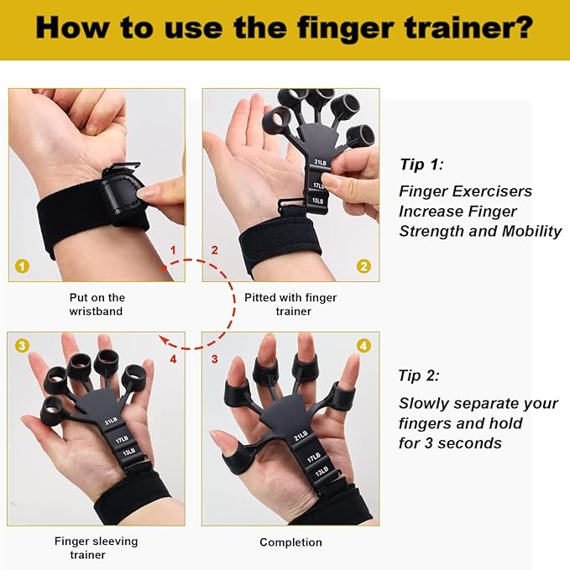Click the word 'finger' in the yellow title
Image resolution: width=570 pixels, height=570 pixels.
point(345,28)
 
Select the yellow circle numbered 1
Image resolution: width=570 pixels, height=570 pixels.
point(22,266)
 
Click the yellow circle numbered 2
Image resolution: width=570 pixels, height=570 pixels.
point(363,266)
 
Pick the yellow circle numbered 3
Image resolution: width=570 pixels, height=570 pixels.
point(22,345)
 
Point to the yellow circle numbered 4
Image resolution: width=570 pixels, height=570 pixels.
point(363,345)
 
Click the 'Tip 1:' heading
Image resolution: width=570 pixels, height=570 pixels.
point(421,165)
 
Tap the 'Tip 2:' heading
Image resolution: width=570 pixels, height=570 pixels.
point(419,375)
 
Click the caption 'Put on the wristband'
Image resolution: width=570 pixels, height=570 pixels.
point(97,304)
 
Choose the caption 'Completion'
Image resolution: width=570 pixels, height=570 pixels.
point(290,542)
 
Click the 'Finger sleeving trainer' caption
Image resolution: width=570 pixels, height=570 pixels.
point(96,548)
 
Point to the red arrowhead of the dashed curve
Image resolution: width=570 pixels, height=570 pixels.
point(164,340)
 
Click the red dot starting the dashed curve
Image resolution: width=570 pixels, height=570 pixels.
point(165,268)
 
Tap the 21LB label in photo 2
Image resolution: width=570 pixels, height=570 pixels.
point(321,162)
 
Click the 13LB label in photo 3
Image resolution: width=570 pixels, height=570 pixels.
point(129,452)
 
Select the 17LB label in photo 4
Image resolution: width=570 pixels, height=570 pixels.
point(313,457)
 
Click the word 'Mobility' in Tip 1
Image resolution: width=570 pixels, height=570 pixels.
point(532,231)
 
